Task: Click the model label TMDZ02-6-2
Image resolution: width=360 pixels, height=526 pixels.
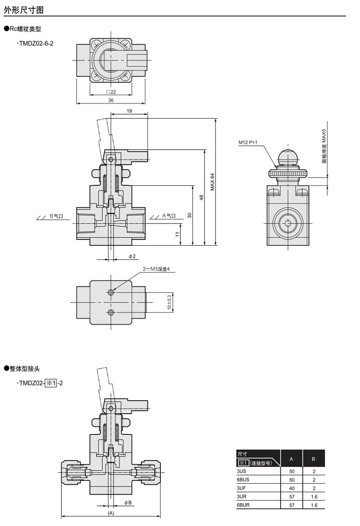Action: (36, 44)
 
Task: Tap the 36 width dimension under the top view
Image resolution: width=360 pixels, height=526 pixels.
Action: (111, 100)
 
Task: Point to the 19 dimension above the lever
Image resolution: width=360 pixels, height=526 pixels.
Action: (130, 111)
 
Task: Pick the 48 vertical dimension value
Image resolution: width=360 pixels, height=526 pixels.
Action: (202, 197)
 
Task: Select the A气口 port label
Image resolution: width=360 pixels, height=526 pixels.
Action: (169, 216)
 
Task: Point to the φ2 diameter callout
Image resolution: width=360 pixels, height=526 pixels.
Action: (132, 256)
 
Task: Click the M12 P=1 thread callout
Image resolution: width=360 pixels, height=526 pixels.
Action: (248, 143)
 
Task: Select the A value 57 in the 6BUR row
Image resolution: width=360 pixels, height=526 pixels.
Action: (291, 505)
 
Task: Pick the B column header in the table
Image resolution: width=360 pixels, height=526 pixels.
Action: (314, 459)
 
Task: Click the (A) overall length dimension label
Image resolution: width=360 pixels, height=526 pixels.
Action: (111, 513)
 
